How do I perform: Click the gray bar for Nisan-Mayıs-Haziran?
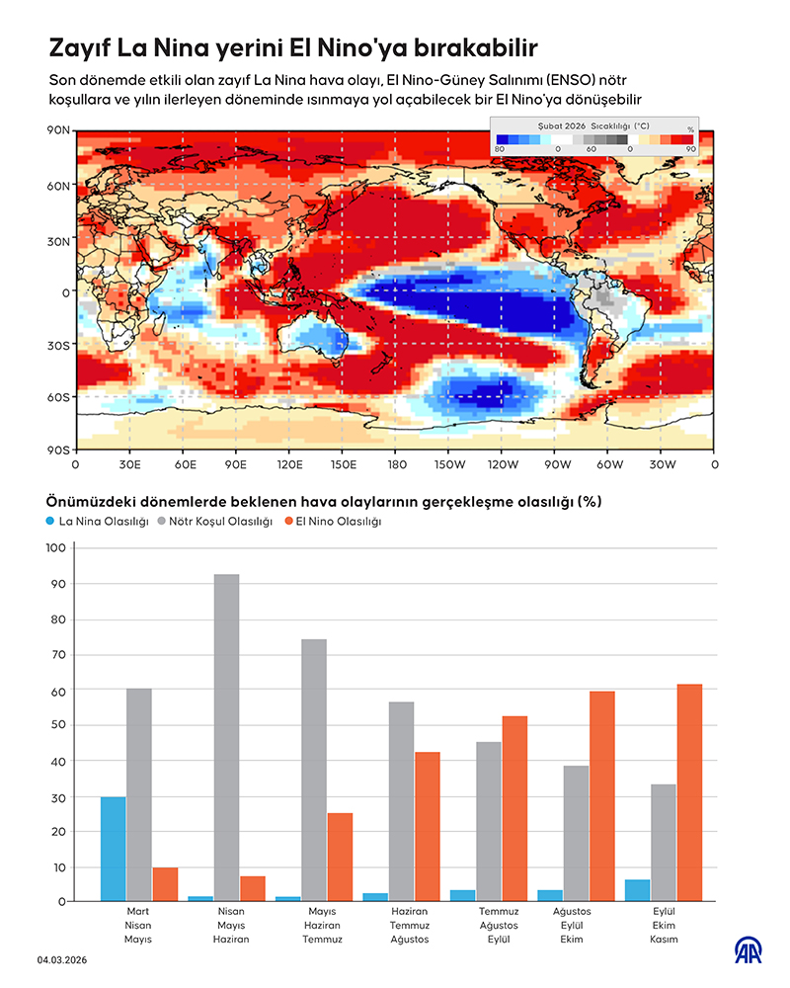[226, 737]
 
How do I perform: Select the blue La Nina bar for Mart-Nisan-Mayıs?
[114, 848]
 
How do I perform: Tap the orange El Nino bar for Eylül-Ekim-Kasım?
[688, 791]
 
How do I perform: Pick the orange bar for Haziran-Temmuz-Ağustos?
[427, 826]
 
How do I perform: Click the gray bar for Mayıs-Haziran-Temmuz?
[314, 769]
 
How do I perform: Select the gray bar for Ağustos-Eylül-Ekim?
[577, 832]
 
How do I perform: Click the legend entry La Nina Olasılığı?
[97, 521]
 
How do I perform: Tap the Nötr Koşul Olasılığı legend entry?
[213, 521]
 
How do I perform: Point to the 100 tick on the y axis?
[55, 547]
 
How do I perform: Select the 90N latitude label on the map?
[58, 130]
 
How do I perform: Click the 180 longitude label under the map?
[395, 462]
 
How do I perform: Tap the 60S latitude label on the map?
[58, 397]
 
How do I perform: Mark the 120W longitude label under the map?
[502, 462]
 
